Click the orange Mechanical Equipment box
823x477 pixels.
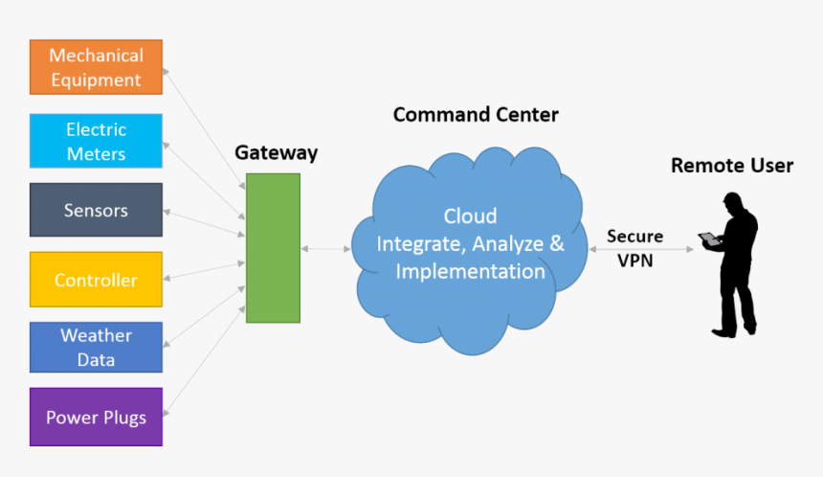[x=96, y=67]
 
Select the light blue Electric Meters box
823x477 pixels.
[x=96, y=141]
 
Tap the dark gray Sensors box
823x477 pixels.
[x=96, y=210]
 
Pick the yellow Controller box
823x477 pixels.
[x=96, y=280]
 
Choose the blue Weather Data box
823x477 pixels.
[x=96, y=348]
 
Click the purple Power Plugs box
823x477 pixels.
[x=96, y=417]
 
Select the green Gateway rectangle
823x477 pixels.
[x=273, y=248]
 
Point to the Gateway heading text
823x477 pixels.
[x=276, y=153]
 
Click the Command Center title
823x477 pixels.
[x=476, y=115]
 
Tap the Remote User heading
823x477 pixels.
[x=731, y=166]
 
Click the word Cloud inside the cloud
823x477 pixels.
[x=470, y=216]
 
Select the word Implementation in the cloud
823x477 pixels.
[x=470, y=271]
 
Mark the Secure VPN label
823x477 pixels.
[x=634, y=247]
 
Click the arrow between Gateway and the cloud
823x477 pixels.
[x=326, y=249]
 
